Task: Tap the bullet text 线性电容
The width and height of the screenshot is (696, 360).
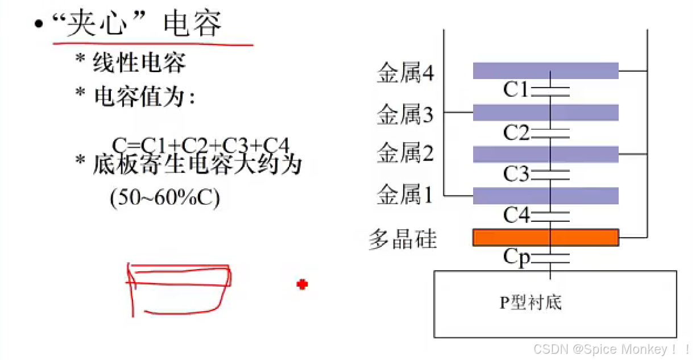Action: point(139,63)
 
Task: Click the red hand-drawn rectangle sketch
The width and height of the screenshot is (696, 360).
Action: point(179,287)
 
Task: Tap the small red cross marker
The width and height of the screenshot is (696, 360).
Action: point(302,284)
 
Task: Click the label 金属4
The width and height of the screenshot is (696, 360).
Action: point(405,73)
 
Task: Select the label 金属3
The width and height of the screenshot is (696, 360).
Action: point(405,115)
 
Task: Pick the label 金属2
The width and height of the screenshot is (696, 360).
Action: point(405,153)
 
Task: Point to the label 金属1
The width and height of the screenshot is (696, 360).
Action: point(405,196)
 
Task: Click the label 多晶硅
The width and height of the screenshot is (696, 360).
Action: point(403,239)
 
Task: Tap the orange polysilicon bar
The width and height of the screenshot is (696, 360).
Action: point(545,237)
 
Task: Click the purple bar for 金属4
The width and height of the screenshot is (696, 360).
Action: point(545,71)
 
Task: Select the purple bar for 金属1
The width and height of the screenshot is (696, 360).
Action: point(545,196)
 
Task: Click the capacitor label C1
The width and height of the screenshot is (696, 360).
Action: point(516,90)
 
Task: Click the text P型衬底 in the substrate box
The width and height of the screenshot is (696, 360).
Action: point(531,303)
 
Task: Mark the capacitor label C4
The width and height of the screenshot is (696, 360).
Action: point(516,216)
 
